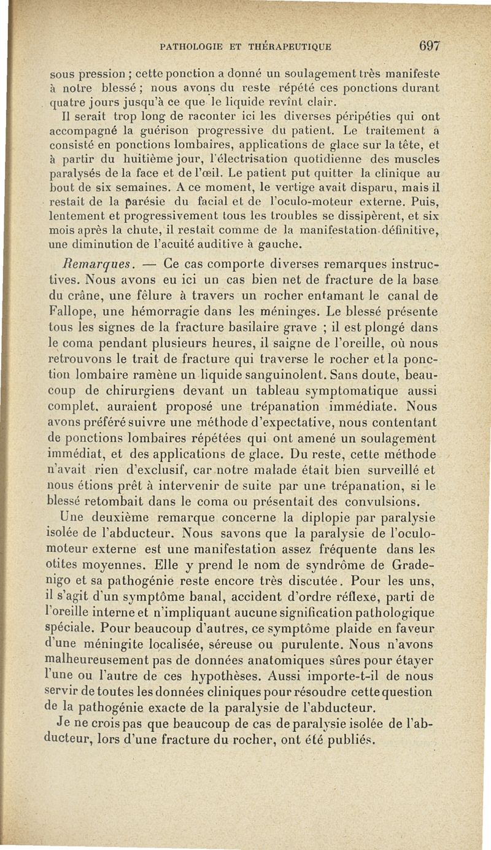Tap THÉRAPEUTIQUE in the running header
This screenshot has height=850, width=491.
[293, 45]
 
